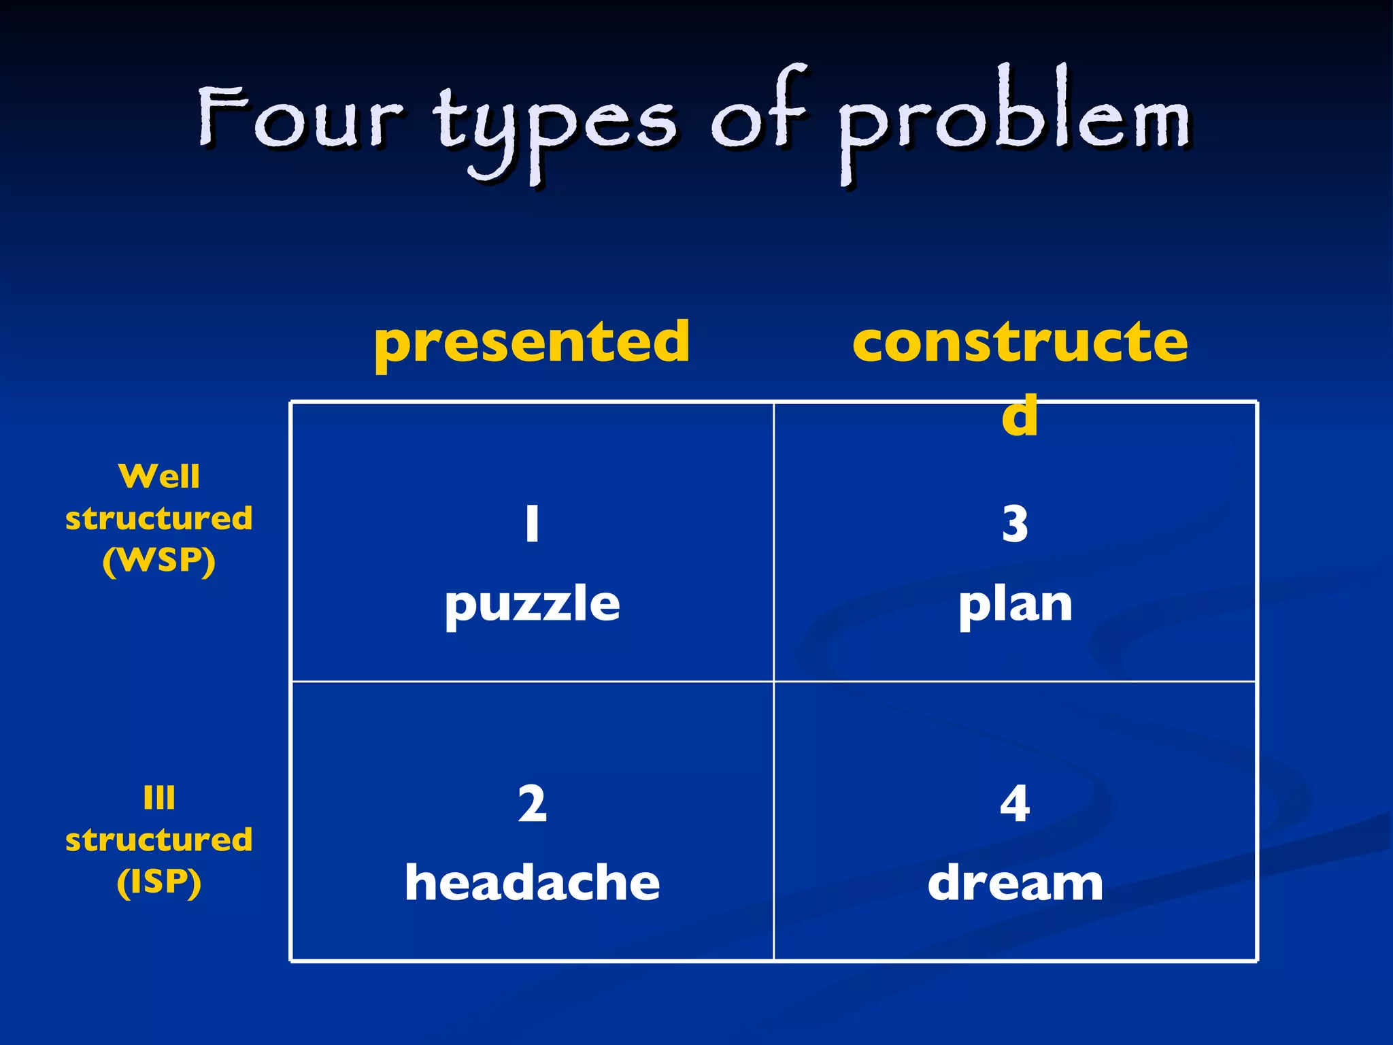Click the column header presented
coord(532,342)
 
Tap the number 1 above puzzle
coord(533,524)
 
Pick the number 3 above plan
coord(1015,525)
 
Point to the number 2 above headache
coord(532,804)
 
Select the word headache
coord(532,883)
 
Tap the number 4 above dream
coord(1015,804)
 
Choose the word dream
coord(1015,883)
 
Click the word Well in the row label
coord(159,476)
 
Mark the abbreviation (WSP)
coord(159,561)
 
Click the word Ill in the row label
coord(159,797)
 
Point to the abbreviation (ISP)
coord(159,882)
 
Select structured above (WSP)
coord(159,518)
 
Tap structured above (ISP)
coord(159,840)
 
